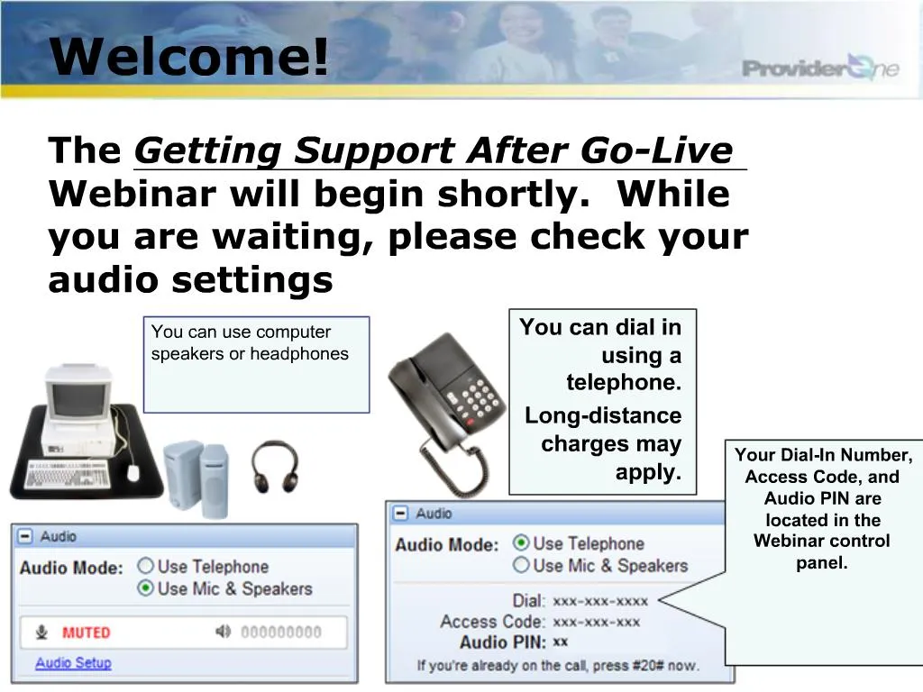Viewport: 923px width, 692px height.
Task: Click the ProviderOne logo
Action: pos(819,68)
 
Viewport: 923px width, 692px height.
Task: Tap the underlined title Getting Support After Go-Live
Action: pos(433,150)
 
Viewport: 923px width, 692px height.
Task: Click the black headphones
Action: pos(274,466)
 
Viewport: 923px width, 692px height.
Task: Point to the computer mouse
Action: pos(133,471)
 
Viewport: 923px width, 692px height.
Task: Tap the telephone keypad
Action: pos(478,396)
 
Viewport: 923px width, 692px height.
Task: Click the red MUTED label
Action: pos(87,633)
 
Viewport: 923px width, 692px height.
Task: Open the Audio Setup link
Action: pos(73,663)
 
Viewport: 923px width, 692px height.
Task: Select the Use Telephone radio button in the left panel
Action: pos(145,567)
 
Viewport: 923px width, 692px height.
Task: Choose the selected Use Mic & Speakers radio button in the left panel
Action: pos(145,588)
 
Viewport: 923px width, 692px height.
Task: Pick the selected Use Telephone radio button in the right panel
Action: pos(521,543)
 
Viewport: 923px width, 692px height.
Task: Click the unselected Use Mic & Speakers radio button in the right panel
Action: pos(521,565)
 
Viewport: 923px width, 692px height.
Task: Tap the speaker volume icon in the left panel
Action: pos(224,632)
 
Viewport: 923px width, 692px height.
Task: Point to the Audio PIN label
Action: pos(503,642)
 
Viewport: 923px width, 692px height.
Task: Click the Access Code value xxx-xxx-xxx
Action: pos(597,622)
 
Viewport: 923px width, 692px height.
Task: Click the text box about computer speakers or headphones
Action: pos(256,364)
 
